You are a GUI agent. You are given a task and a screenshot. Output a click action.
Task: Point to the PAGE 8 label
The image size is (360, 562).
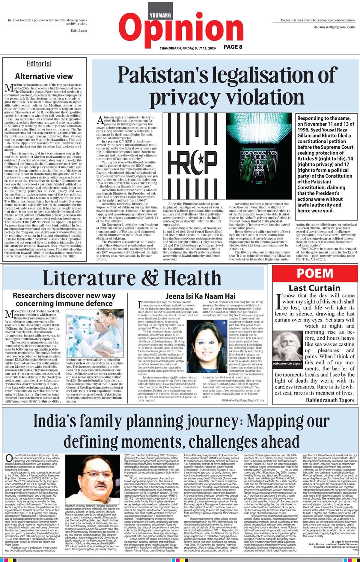(x=233, y=47)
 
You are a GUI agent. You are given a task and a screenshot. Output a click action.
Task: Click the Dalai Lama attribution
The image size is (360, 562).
(x=79, y=31)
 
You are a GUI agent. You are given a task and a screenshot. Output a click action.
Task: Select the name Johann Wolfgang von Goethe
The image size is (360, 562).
(x=335, y=27)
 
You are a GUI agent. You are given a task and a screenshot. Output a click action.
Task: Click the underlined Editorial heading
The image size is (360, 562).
(x=39, y=64)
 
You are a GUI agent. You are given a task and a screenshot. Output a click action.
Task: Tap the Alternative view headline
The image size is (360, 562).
(x=44, y=76)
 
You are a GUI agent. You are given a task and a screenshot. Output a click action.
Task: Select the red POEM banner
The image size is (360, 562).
(x=315, y=273)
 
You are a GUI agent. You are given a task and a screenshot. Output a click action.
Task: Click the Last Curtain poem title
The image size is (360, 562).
(x=314, y=288)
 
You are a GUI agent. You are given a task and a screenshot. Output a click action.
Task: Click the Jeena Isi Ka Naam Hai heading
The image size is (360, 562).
(x=201, y=296)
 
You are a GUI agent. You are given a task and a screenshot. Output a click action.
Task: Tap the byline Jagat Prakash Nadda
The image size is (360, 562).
(x=339, y=536)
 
